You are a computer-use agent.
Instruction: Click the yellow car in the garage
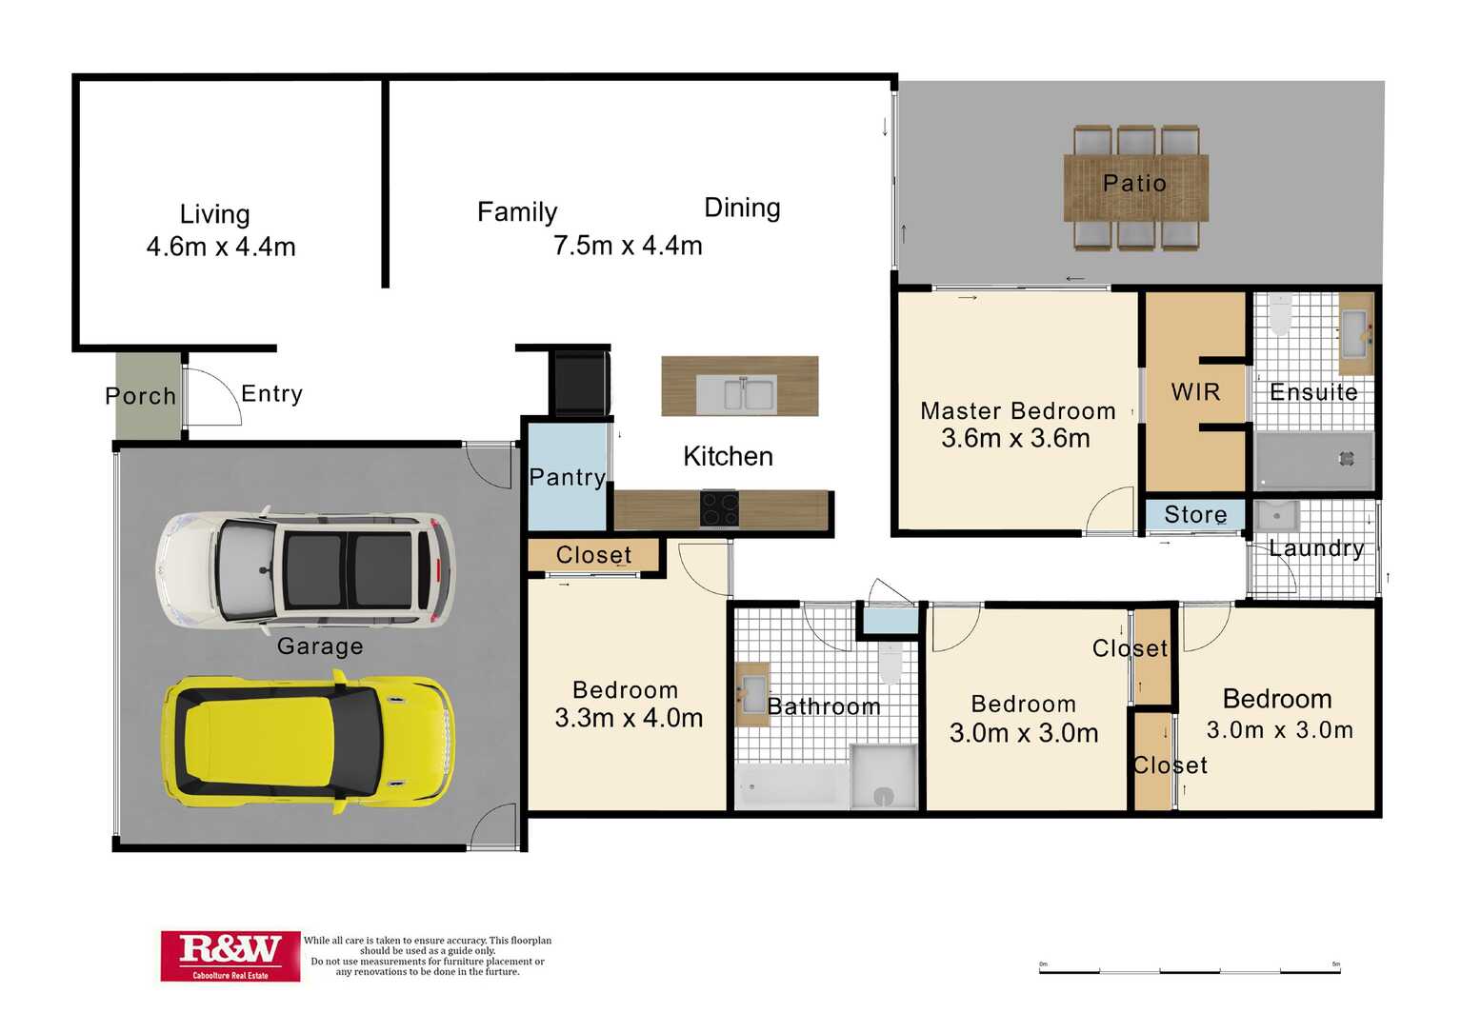(309, 745)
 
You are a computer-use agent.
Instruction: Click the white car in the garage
(305, 570)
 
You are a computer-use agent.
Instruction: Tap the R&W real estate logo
(230, 956)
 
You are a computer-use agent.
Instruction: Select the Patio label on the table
(1135, 183)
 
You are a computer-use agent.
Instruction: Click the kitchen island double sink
(738, 394)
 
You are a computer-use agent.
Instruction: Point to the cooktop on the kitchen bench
(719, 508)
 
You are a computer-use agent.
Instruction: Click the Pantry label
(568, 477)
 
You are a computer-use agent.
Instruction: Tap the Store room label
(1195, 514)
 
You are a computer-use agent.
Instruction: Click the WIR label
(1195, 392)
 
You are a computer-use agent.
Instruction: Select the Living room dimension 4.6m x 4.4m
(221, 248)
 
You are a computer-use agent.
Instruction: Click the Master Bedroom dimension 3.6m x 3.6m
(1015, 438)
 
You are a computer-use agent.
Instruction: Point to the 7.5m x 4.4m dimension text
(628, 246)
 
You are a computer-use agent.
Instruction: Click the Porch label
(141, 396)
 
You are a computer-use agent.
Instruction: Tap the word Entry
(272, 394)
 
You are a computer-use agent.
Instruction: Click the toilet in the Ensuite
(1280, 313)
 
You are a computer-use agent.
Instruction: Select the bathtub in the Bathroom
(791, 786)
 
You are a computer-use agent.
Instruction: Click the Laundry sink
(1276, 516)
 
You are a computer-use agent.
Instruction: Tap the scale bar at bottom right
(1190, 971)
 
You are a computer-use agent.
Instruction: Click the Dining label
(742, 209)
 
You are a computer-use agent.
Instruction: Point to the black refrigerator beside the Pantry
(582, 383)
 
